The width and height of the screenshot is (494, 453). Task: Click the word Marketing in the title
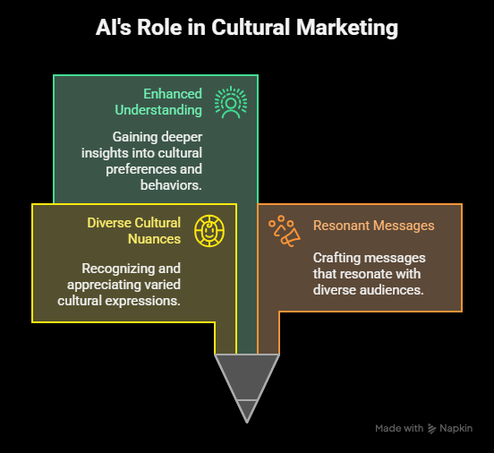[x=347, y=28]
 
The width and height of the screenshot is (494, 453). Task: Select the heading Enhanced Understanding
[x=158, y=102]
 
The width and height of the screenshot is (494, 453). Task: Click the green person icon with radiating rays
[x=231, y=102]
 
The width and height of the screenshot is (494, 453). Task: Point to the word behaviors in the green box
[x=171, y=185]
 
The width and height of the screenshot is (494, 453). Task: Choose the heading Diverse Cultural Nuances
[x=134, y=231]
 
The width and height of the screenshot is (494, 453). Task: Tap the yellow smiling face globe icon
[x=209, y=231]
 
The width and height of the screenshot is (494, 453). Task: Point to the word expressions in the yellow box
[x=142, y=301]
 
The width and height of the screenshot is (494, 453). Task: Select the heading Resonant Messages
[x=374, y=226]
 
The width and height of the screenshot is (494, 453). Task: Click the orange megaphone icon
[x=285, y=231]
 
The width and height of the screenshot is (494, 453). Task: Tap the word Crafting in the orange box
[x=334, y=258]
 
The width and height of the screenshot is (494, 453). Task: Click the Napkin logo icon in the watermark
[x=431, y=429]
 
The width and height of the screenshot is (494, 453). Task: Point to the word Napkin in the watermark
[x=456, y=429]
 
